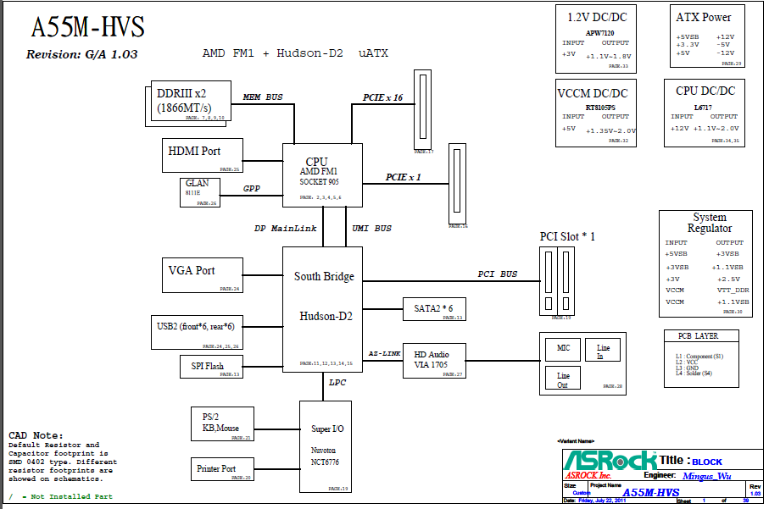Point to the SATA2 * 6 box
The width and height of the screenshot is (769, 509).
pyautogui.click(x=433, y=309)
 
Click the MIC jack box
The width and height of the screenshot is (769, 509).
pyautogui.click(x=563, y=349)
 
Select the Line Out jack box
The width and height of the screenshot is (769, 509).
pyautogui.click(x=563, y=379)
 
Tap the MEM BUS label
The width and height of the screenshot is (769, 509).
pyautogui.click(x=263, y=97)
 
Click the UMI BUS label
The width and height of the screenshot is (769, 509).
pyautogui.click(x=372, y=229)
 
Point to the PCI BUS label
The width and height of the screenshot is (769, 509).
pyautogui.click(x=497, y=274)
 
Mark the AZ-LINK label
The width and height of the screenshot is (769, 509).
pyautogui.click(x=384, y=353)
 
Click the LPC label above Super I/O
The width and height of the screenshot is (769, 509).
pyautogui.click(x=338, y=383)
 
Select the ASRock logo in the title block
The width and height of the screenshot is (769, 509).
pyautogui.click(x=610, y=460)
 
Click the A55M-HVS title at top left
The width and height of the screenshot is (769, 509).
pyautogui.click(x=87, y=28)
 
